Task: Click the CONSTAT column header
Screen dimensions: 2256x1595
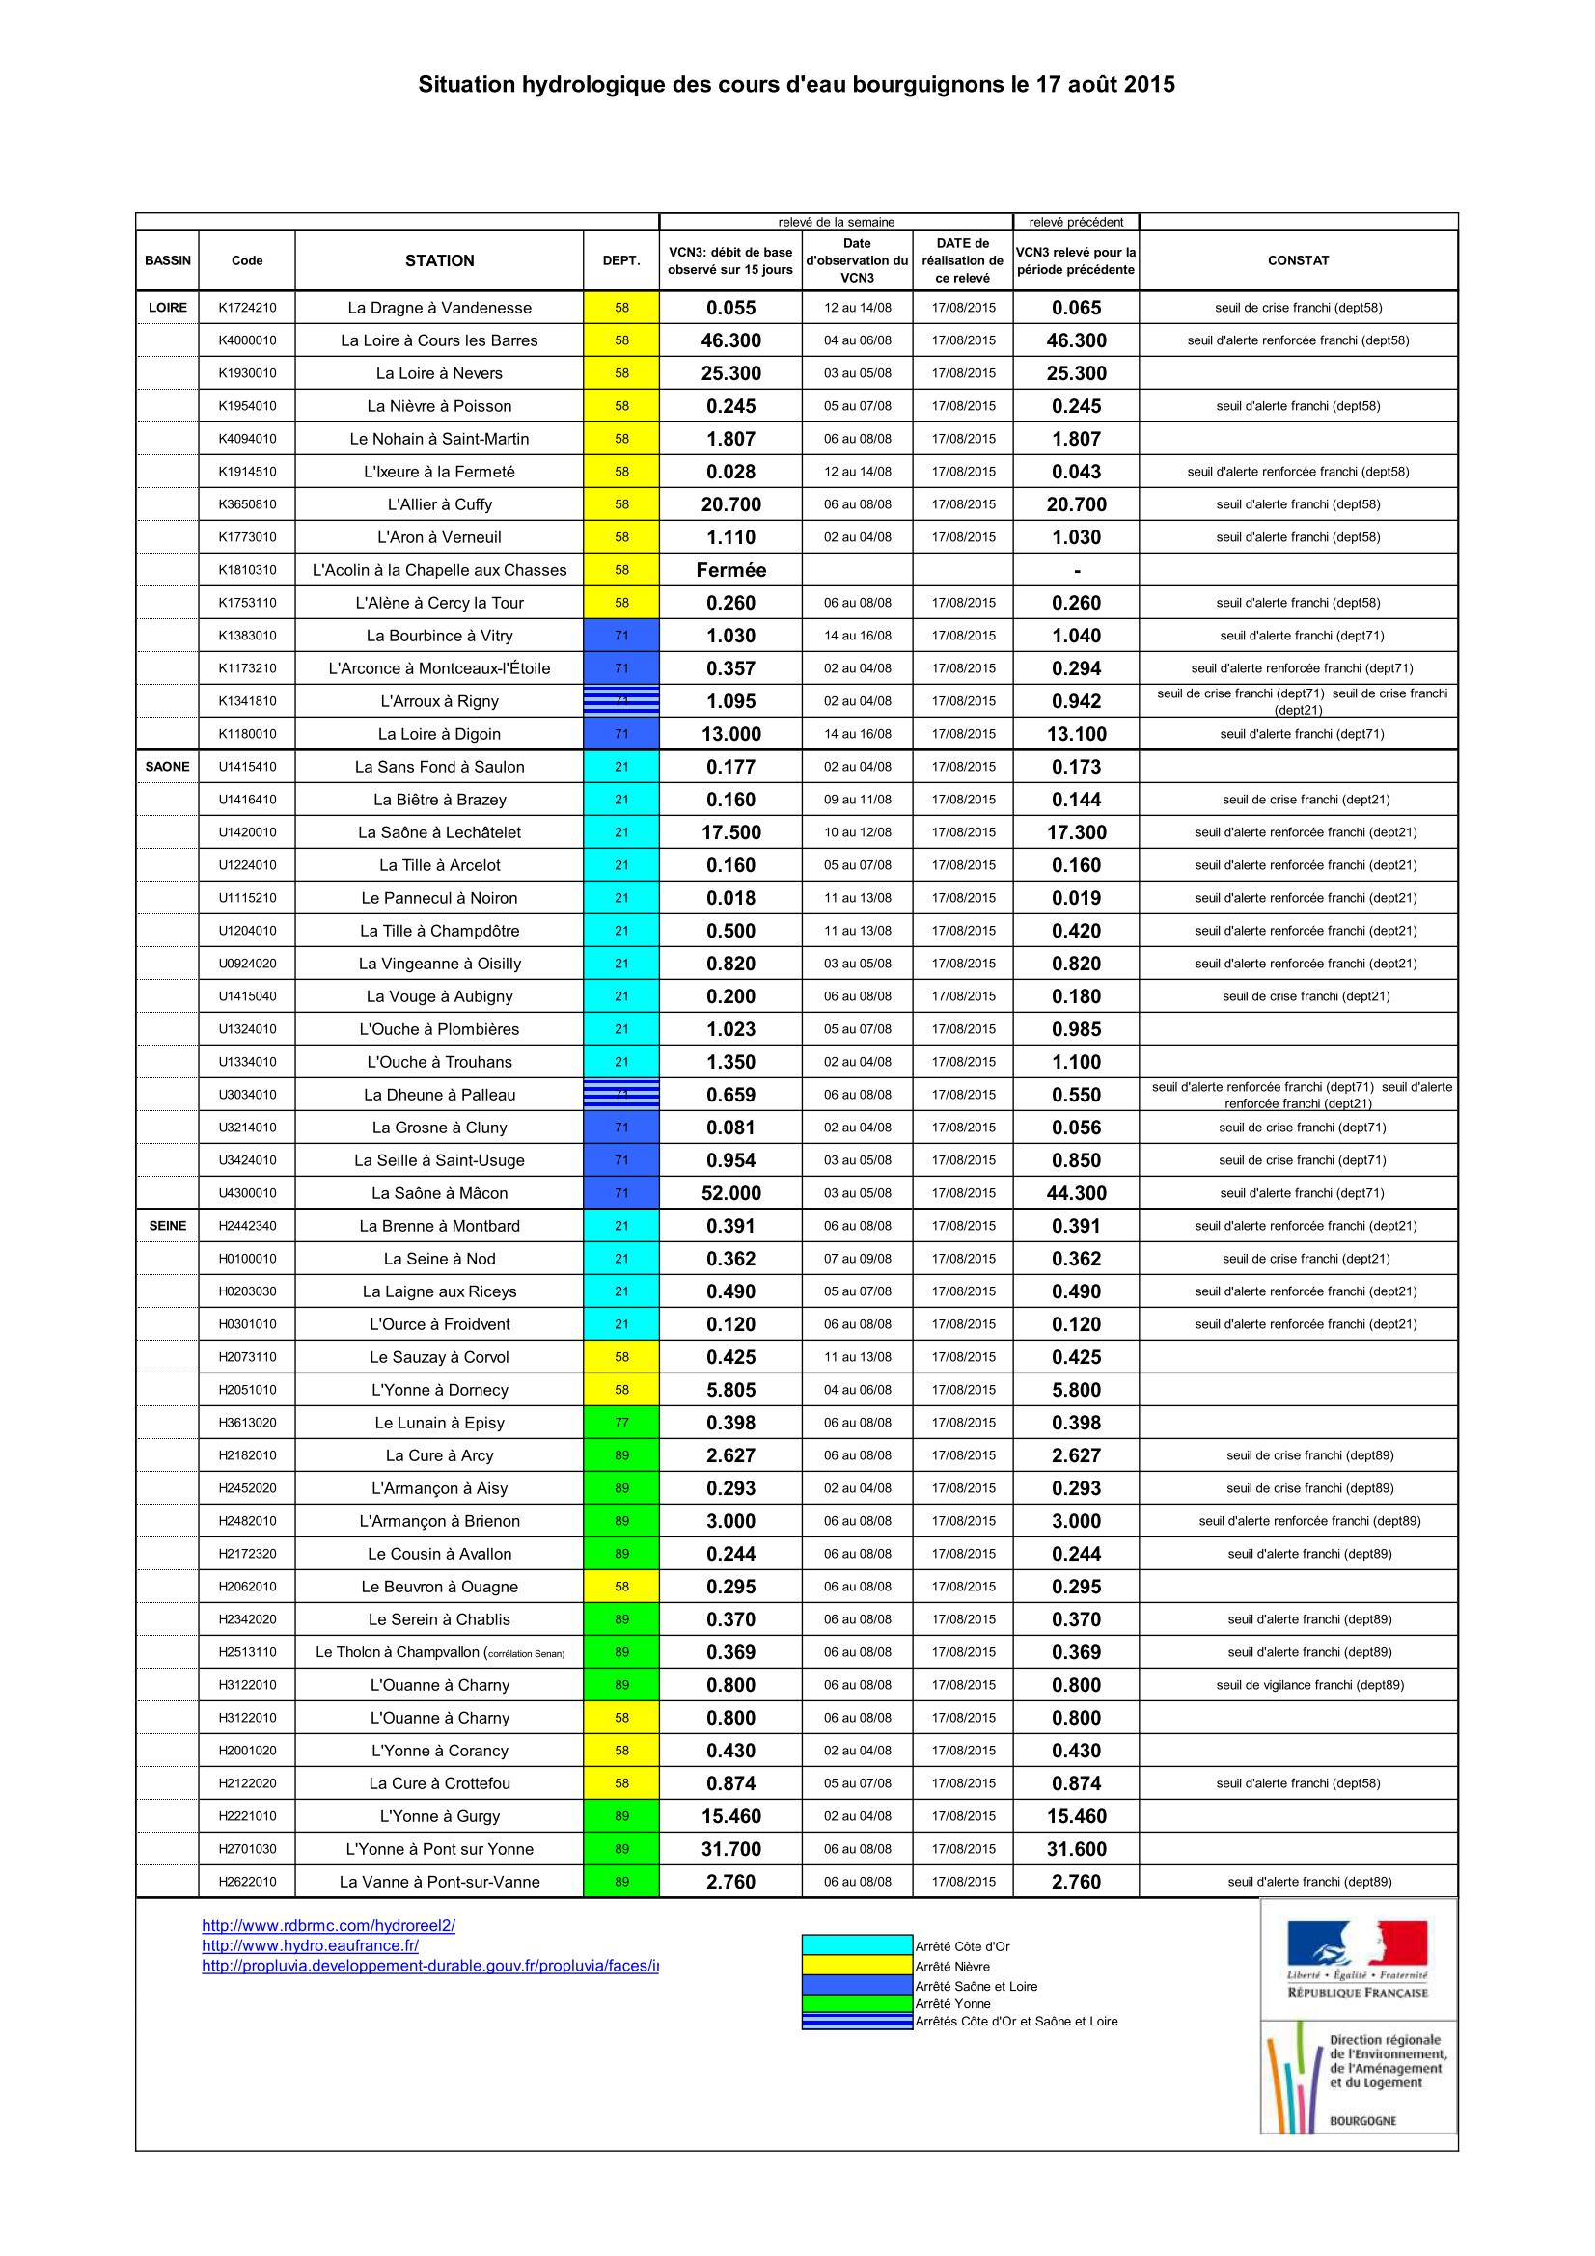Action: [x=1297, y=260]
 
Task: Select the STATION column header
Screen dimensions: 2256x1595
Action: [x=439, y=260]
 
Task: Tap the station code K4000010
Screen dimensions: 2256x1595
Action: [x=247, y=340]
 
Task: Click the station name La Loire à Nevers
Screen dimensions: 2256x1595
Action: [x=439, y=373]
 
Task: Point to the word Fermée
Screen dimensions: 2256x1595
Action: [x=730, y=570]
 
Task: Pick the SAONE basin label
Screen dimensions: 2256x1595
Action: [x=167, y=767]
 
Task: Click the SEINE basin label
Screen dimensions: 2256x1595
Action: [x=167, y=1225]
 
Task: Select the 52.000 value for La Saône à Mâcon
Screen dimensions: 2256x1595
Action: [x=730, y=1193]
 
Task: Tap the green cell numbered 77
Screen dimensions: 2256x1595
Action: [x=621, y=1423]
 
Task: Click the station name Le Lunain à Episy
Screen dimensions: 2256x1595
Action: [x=439, y=1423]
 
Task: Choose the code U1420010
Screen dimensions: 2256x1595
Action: [x=247, y=832]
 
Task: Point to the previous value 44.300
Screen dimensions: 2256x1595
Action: [x=1076, y=1193]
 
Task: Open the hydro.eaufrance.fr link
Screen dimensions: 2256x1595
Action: [x=310, y=1945]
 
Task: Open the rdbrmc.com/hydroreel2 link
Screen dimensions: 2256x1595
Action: [x=328, y=1926]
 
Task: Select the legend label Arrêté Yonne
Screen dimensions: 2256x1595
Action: [x=952, y=2003]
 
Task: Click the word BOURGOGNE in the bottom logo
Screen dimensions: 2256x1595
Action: [x=1362, y=2120]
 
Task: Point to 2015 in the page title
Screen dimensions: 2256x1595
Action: [x=1149, y=85]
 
